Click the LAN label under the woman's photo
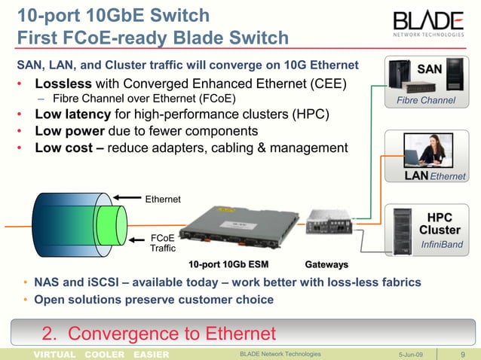click(416, 176)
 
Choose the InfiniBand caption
click(442, 245)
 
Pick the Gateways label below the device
click(326, 265)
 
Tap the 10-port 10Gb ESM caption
click(228, 265)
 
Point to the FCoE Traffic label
click(163, 243)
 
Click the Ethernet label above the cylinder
click(163, 200)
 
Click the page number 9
click(461, 354)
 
